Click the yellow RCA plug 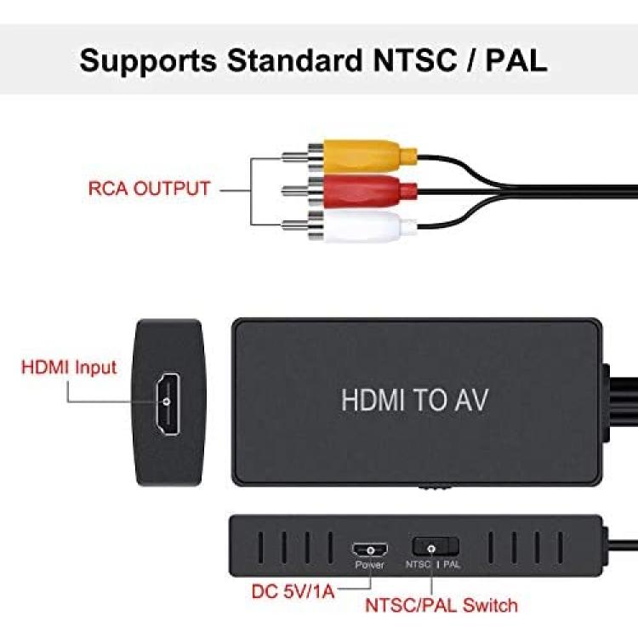point(350,157)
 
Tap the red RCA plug point(350,190)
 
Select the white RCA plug point(350,225)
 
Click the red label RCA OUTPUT point(149,188)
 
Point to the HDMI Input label point(69,367)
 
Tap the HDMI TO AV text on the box point(414,400)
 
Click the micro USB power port point(370,550)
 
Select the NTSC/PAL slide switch point(436,547)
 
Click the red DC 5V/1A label point(293,591)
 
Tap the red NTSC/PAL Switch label point(441,606)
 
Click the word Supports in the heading point(148,61)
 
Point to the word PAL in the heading point(516,60)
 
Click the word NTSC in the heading point(414,60)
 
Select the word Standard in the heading point(294,60)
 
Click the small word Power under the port point(369,565)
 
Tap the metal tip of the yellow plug point(295,157)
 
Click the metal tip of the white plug point(295,225)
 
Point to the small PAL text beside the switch point(451,565)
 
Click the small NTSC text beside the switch point(418,564)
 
